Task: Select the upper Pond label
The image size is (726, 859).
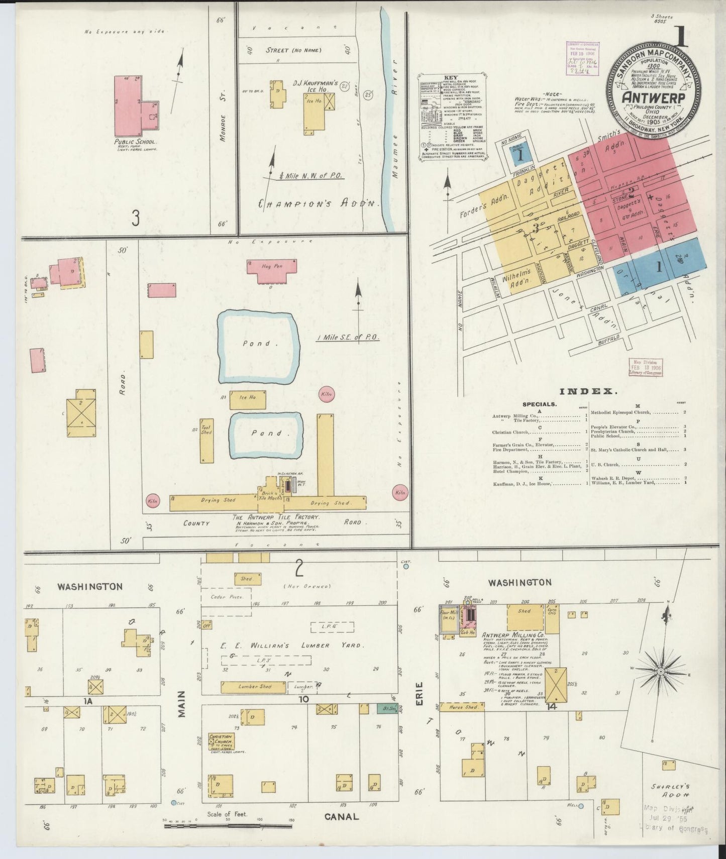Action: click(257, 344)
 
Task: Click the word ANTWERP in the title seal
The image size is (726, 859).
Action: click(653, 97)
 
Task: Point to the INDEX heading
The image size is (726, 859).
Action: click(588, 391)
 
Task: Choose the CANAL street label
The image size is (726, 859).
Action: click(342, 817)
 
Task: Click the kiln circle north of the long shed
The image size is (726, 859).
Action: click(326, 395)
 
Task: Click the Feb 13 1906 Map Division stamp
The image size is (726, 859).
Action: click(646, 368)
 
